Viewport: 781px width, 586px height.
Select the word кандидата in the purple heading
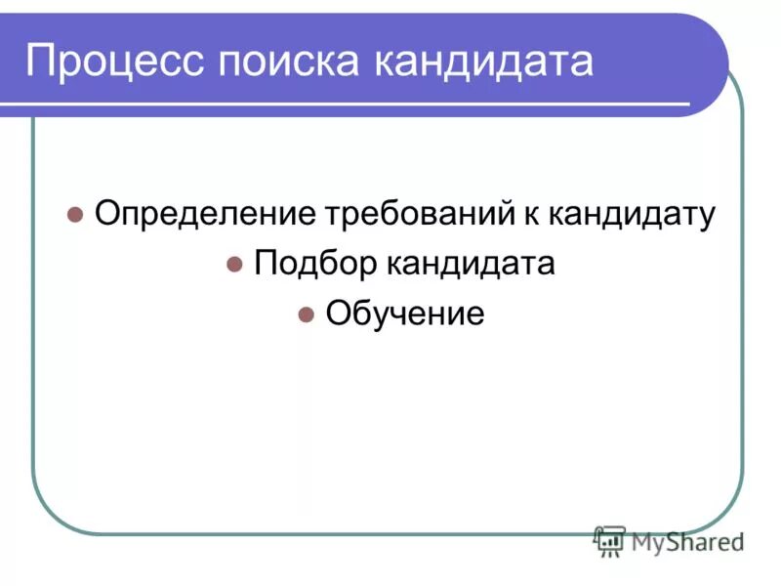click(483, 62)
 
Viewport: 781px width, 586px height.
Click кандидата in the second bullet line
click(472, 264)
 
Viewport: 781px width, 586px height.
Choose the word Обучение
click(404, 314)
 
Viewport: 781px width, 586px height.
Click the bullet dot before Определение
click(74, 215)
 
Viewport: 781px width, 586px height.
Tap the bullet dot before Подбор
click(233, 265)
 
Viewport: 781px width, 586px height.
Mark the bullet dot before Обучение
click(305, 314)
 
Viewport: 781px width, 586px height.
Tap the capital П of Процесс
click(41, 62)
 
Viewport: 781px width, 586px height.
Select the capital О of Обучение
click(338, 314)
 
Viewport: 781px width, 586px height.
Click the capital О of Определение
click(106, 214)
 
